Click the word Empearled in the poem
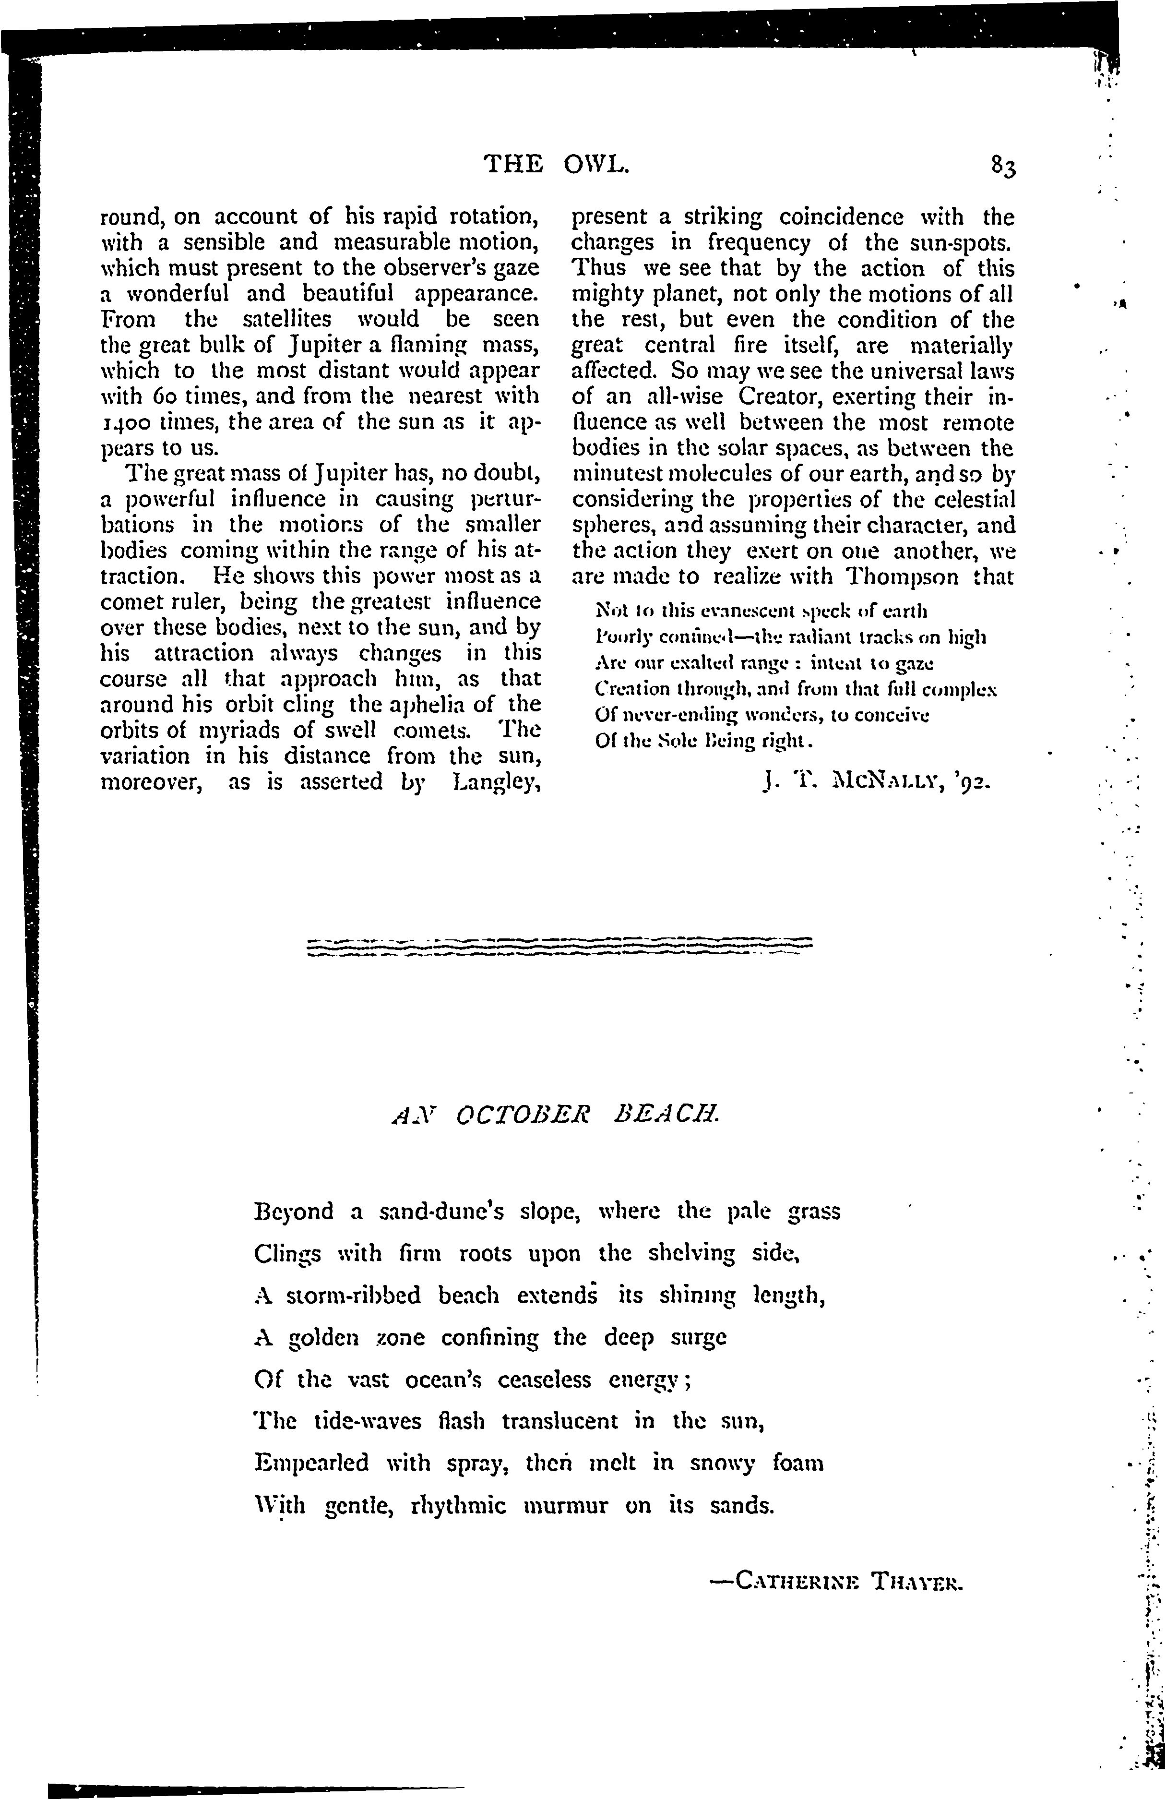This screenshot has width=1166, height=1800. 311,1464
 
